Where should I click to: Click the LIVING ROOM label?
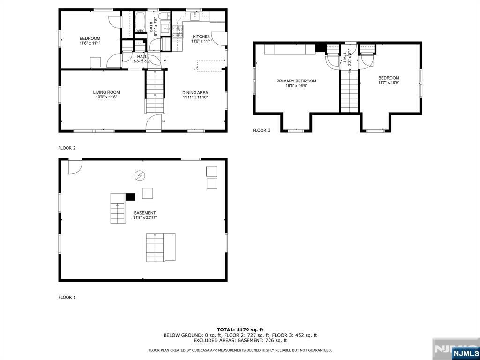click(106, 92)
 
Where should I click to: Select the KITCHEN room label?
click(202, 37)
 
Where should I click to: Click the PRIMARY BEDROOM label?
click(296, 81)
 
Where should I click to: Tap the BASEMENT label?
click(145, 213)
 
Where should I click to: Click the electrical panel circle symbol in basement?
click(140, 175)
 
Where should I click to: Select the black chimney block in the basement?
click(130, 196)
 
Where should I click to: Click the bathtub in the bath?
click(141, 22)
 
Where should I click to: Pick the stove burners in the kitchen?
click(178, 32)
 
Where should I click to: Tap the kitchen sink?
click(195, 16)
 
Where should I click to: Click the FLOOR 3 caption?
click(262, 130)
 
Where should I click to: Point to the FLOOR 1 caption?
click(67, 297)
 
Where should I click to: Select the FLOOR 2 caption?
click(67, 148)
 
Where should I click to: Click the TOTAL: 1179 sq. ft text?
click(240, 330)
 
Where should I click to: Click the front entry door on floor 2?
click(154, 123)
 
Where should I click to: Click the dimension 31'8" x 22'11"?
click(145, 217)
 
